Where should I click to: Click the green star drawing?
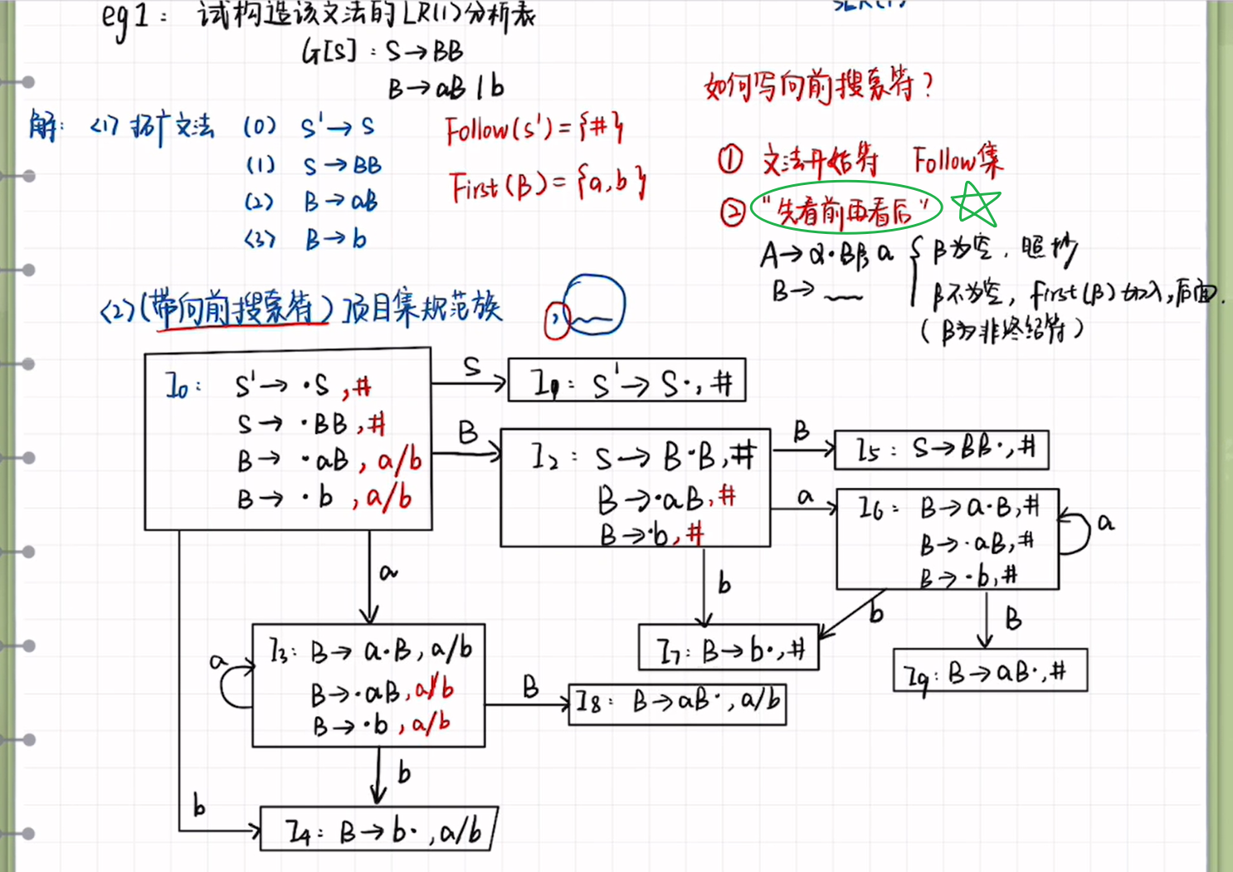975,204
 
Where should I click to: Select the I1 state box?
626,381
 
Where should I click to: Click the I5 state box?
941,450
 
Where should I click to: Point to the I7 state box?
728,648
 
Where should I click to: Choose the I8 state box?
677,704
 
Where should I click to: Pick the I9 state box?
990,671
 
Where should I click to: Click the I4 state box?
378,829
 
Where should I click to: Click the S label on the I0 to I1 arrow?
471,366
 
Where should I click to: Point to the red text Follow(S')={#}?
533,129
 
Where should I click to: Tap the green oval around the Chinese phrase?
846,207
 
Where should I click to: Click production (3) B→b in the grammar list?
307,240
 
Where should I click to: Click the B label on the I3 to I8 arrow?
530,686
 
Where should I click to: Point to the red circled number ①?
730,159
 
